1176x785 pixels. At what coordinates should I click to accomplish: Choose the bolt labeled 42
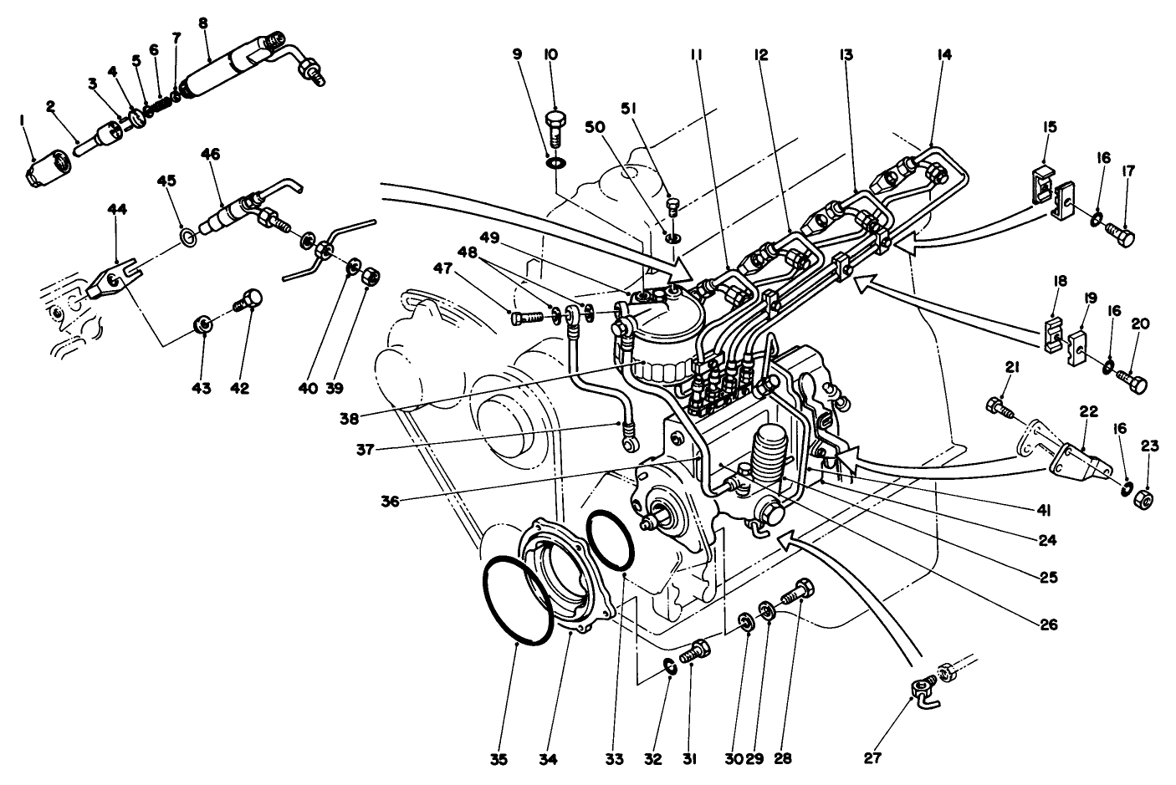250,300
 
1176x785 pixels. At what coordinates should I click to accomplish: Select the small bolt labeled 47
522,316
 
